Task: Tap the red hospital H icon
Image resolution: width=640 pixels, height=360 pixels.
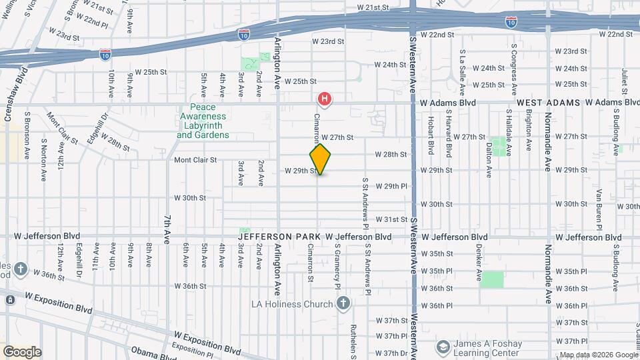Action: click(x=325, y=101)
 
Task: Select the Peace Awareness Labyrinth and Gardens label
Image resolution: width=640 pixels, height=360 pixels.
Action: click(x=203, y=121)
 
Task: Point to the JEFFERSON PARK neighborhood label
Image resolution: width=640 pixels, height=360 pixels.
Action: click(x=280, y=237)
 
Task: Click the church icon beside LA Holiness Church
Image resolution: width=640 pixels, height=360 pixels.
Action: click(x=343, y=304)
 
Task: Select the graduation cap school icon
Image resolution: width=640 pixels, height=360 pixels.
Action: click(x=443, y=347)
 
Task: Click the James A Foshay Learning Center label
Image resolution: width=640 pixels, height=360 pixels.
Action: click(x=487, y=348)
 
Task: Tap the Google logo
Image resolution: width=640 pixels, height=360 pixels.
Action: click(x=21, y=352)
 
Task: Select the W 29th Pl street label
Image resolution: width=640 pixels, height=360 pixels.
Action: click(x=391, y=186)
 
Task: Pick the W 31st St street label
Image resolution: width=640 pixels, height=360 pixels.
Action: click(x=391, y=219)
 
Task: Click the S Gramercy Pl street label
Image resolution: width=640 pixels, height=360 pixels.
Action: click(x=338, y=266)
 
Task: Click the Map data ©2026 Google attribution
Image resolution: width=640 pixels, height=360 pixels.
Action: click(x=598, y=355)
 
